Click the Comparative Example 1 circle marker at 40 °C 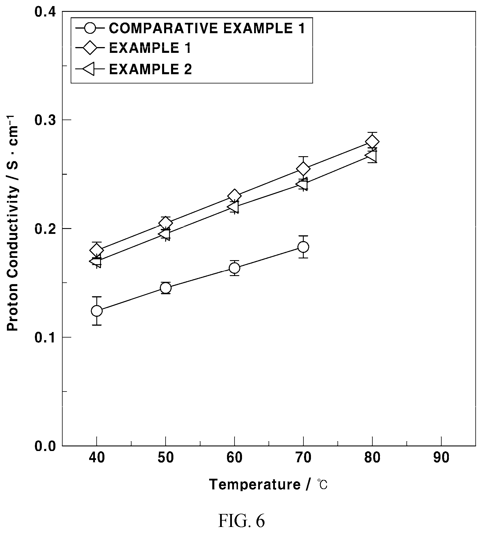(x=97, y=311)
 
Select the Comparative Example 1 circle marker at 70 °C (x=303, y=247)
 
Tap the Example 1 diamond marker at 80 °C (x=372, y=142)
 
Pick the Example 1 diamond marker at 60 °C (x=235, y=196)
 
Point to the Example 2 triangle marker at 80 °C (x=370, y=156)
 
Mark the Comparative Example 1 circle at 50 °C (x=166, y=288)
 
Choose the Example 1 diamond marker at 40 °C (x=97, y=250)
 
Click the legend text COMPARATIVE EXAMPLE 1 (x=207, y=28)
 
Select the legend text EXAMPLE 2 (x=150, y=69)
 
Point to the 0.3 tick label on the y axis (x=45, y=120)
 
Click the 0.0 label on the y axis (x=45, y=446)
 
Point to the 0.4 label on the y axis (x=45, y=12)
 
